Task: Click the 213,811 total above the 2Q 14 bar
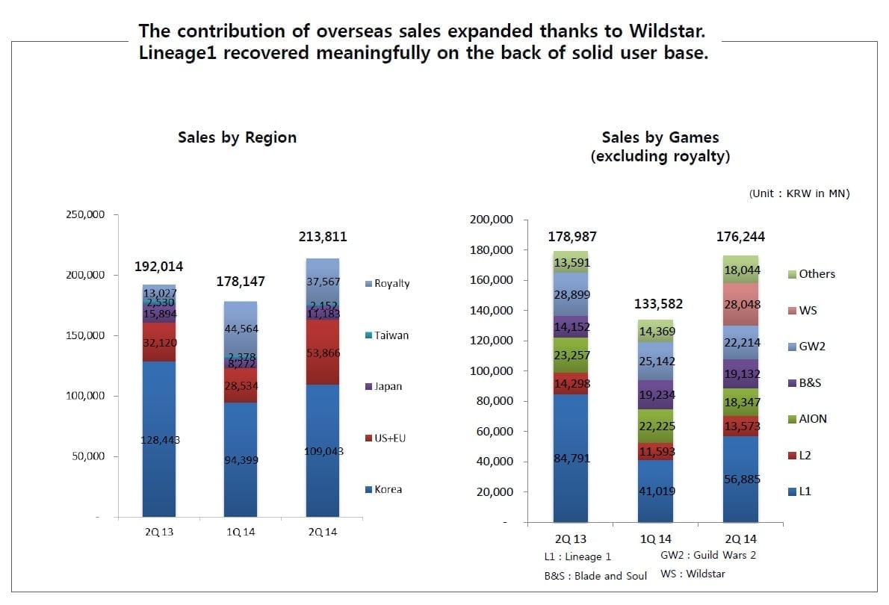322,238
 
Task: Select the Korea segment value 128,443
161,440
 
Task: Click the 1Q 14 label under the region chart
241,532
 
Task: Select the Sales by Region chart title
237,137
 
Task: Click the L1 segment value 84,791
571,459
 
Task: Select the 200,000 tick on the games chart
491,220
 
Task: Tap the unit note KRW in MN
799,193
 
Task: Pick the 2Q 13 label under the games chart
570,539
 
